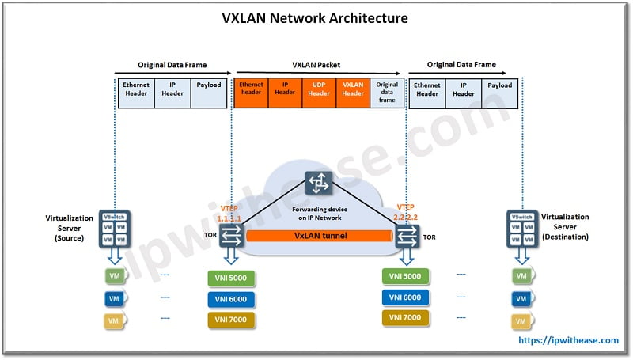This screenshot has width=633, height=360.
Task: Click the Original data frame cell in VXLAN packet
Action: point(387,92)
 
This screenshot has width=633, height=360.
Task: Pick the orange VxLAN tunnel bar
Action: point(320,236)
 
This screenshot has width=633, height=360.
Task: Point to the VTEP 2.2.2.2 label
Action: point(407,208)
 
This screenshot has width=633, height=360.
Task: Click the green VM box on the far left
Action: point(113,278)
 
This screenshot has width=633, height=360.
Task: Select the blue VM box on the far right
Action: point(520,299)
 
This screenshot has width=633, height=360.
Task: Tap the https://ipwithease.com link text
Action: point(568,340)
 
